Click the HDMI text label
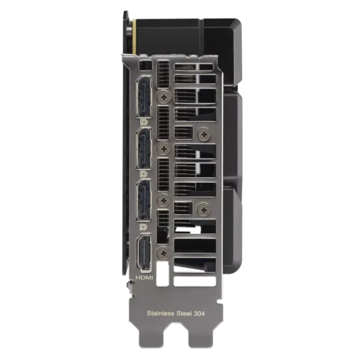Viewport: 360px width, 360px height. (144, 276)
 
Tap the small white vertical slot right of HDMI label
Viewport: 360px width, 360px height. (164, 276)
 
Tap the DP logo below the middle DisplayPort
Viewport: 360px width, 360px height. (145, 173)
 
